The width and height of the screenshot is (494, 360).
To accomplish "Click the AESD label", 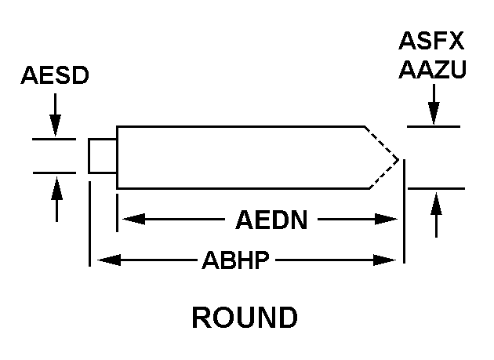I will point(55,76).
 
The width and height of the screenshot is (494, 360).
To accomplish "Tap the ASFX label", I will point(432,41).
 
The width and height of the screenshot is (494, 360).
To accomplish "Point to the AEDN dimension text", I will point(271,220).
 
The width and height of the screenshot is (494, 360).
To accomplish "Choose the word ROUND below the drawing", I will point(245,318).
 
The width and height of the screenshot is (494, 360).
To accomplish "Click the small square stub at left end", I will point(102,155).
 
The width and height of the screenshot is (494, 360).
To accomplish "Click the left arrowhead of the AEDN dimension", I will point(126,220).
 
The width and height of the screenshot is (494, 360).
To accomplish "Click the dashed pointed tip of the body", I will point(397,159).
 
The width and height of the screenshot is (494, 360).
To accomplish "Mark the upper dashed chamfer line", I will point(381,141).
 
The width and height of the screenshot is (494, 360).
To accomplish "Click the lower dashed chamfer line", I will point(383,175).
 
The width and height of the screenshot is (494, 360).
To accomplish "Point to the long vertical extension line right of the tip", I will point(403,212).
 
